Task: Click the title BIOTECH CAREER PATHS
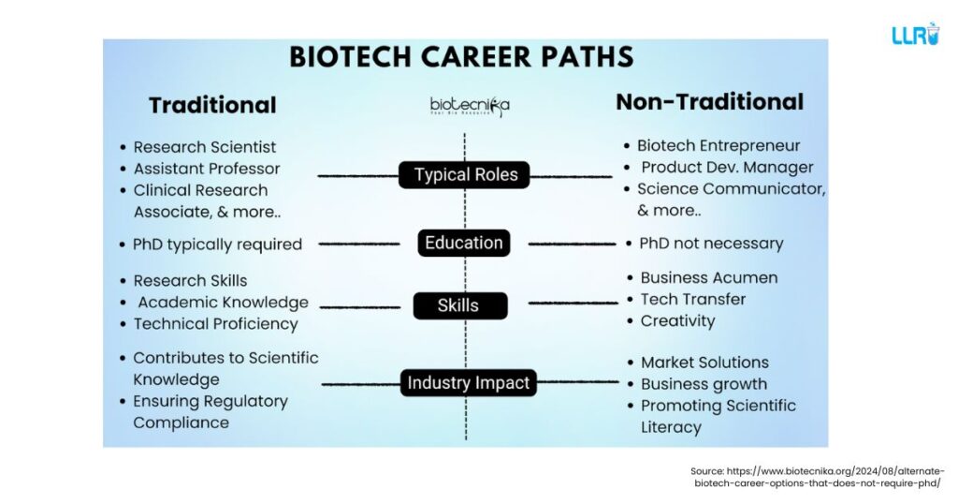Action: pyautogui.click(x=461, y=56)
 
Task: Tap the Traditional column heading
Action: pyautogui.click(x=212, y=105)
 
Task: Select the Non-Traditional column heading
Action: pyautogui.click(x=709, y=102)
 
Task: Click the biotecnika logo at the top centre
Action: pyautogui.click(x=469, y=105)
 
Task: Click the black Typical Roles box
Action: pyautogui.click(x=465, y=175)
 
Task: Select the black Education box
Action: pyautogui.click(x=464, y=243)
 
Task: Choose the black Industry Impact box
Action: pyautogui.click(x=469, y=382)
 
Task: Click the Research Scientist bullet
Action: pyautogui.click(x=204, y=147)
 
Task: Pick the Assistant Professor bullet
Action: pyautogui.click(x=206, y=169)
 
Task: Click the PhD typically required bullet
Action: pyautogui.click(x=217, y=245)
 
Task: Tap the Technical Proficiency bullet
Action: pyautogui.click(x=215, y=324)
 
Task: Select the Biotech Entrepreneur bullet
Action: pyautogui.click(x=718, y=145)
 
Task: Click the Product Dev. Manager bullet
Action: pyautogui.click(x=726, y=168)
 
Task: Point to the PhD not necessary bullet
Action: pyautogui.click(x=710, y=244)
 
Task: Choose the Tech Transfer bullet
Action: pyautogui.click(x=692, y=300)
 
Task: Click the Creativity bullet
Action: pyautogui.click(x=677, y=321)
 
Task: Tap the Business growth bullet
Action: pyautogui.click(x=704, y=384)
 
